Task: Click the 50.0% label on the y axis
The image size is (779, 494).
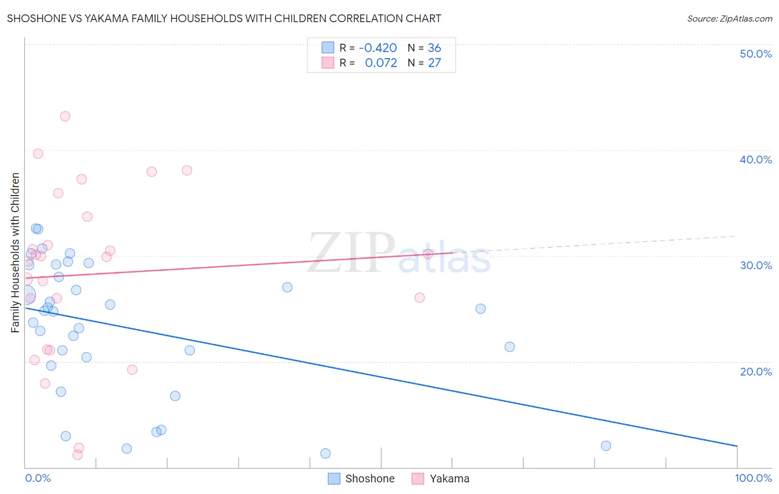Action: tap(755, 54)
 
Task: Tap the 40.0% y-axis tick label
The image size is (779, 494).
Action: tap(755, 159)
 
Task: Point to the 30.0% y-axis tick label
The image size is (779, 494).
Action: tap(755, 265)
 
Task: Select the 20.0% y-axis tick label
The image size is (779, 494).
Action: tap(755, 372)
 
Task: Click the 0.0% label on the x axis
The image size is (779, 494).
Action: tap(38, 478)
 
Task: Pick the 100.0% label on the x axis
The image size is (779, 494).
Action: tap(753, 478)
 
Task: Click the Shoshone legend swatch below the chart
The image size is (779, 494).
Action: tap(334, 478)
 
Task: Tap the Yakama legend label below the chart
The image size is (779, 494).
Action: tap(449, 478)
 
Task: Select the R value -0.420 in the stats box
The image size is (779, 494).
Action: tap(378, 48)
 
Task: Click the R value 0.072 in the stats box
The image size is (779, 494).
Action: tap(381, 63)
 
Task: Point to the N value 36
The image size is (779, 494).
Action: tap(434, 48)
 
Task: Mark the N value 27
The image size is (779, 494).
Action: tap(434, 63)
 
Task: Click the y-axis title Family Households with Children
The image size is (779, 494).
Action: tap(16, 253)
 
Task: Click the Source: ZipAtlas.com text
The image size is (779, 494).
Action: tap(729, 19)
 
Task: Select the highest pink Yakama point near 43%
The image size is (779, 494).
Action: tap(65, 116)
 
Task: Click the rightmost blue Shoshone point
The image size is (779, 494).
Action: tap(606, 446)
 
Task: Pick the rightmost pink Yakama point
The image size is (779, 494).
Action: tap(428, 254)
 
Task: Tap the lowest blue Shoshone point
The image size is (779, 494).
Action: tap(325, 454)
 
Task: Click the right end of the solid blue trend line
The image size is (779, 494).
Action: tap(737, 446)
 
